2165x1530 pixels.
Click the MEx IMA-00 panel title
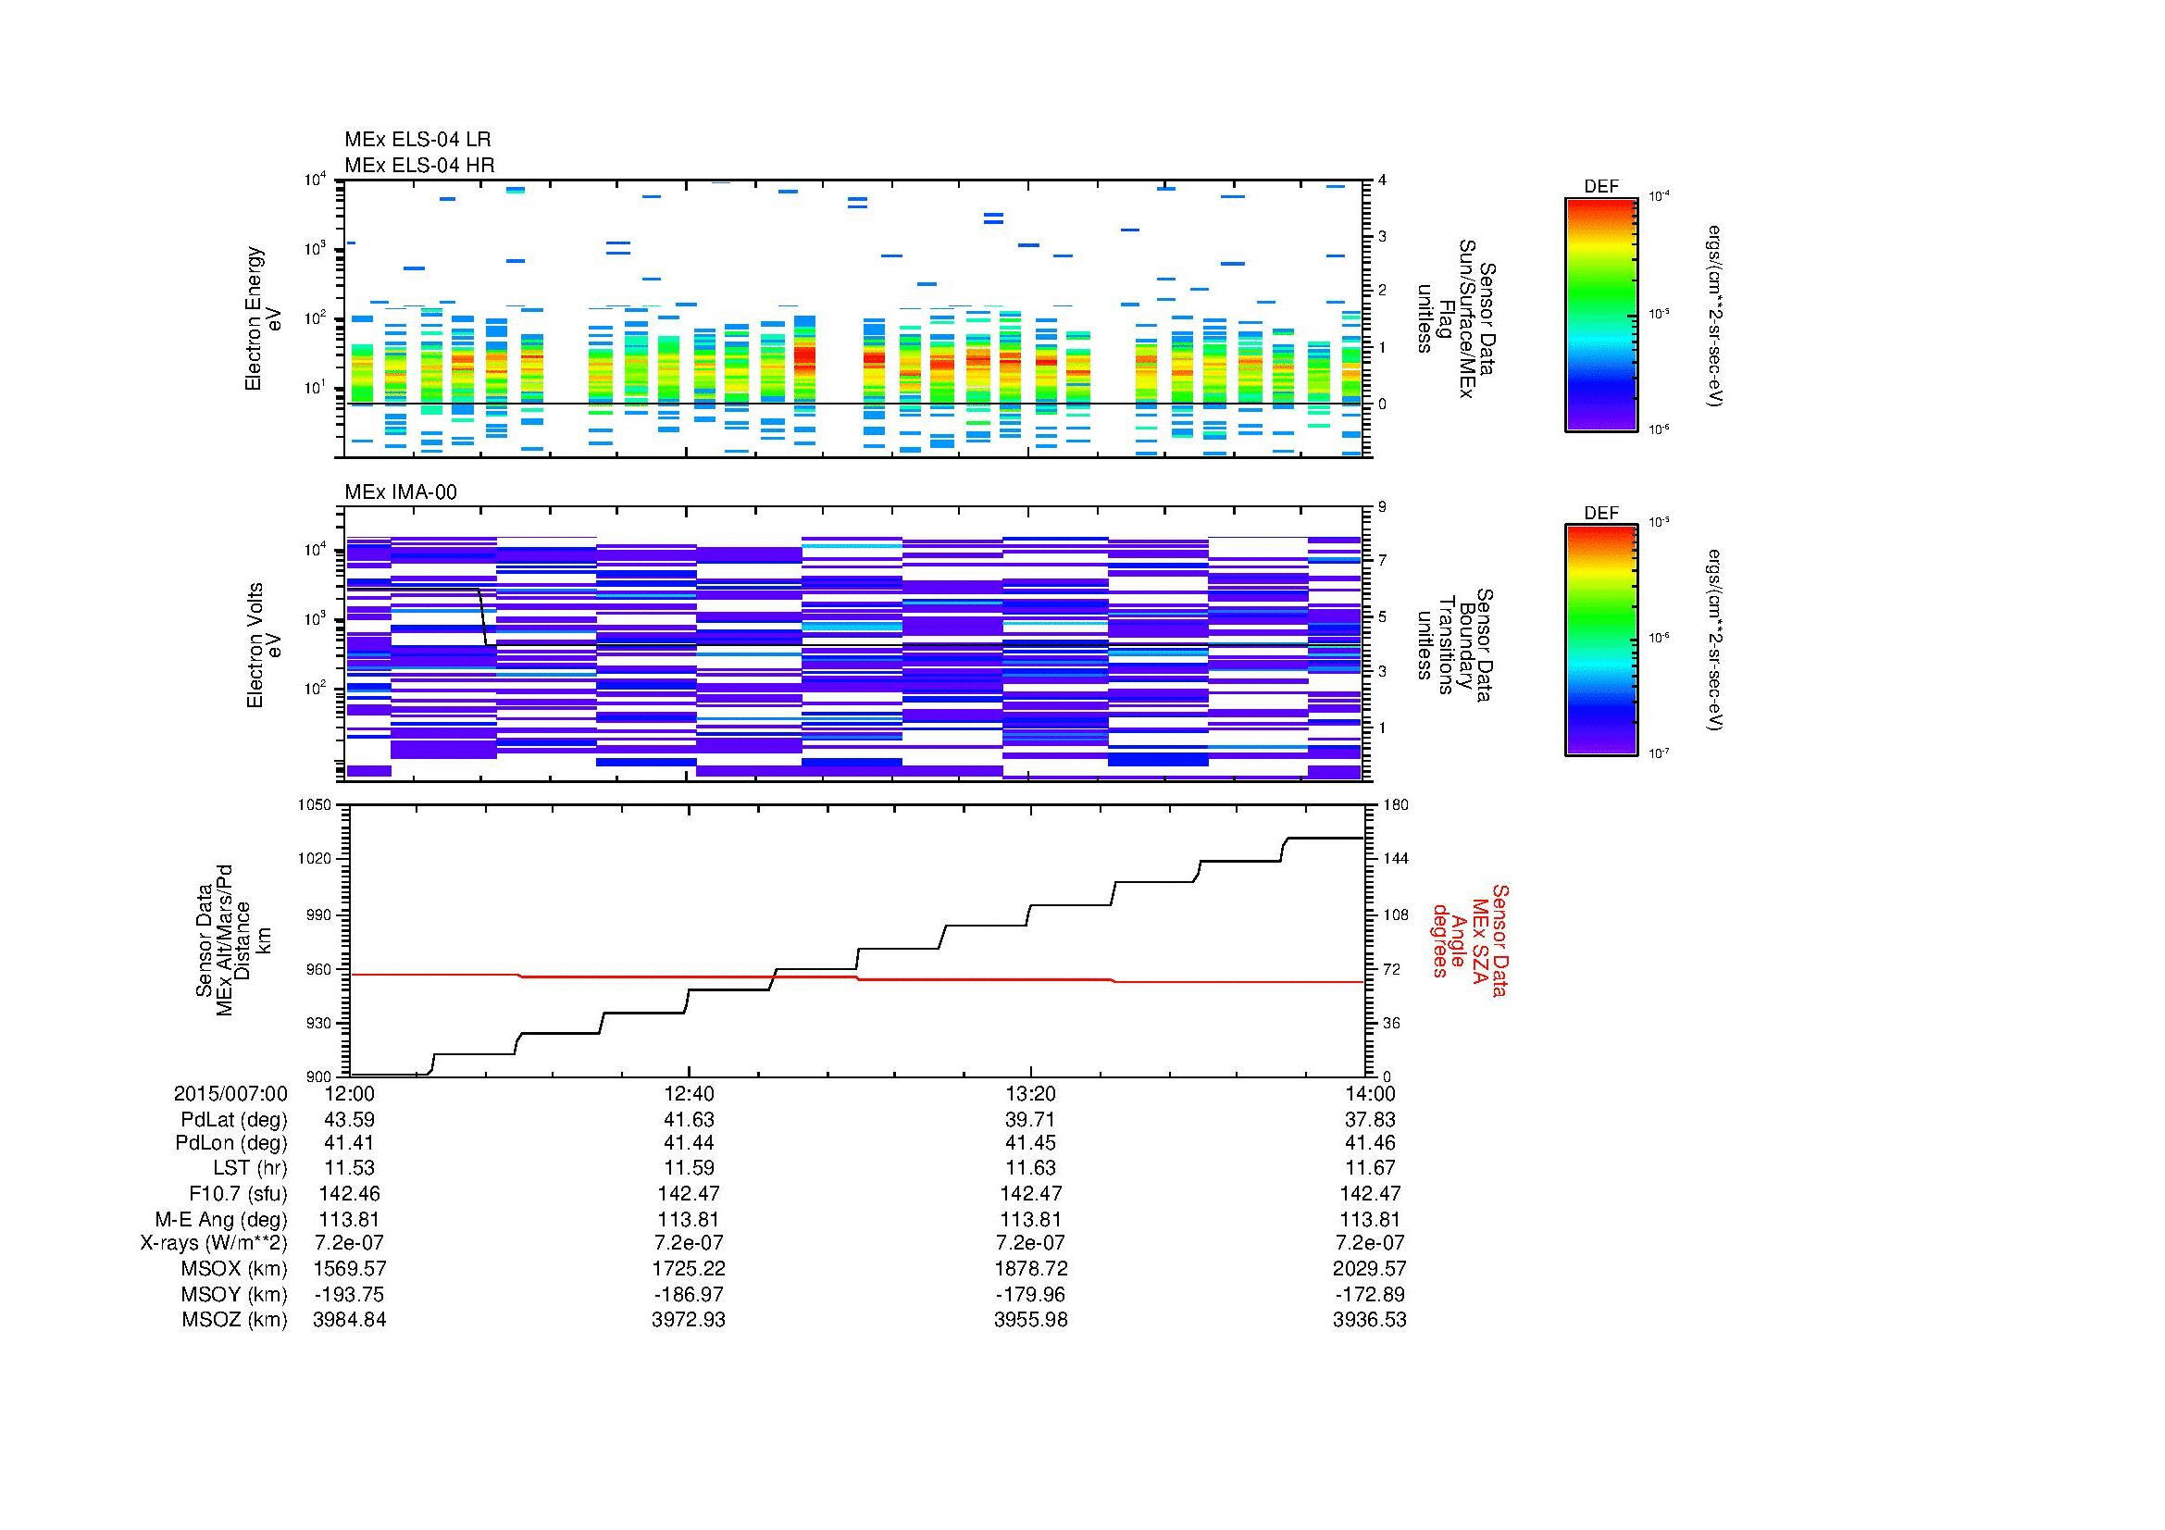tap(401, 492)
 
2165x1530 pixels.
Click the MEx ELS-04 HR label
tap(419, 165)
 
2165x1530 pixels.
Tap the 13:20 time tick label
tap(1030, 1093)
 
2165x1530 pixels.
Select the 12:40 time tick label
tap(689, 1093)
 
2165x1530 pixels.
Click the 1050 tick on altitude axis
tap(315, 805)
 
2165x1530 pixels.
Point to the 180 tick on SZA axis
tap(1393, 805)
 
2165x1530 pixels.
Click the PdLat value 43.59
tap(349, 1120)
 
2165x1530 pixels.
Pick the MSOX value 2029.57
tap(1369, 1269)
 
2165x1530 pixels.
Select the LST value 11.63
tap(1030, 1168)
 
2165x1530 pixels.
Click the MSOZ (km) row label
tap(234, 1320)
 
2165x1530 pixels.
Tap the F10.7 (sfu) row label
tap(238, 1193)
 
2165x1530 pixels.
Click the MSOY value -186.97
tap(689, 1294)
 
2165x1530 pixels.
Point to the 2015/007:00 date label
tap(230, 1093)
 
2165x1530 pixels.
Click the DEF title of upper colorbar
tap(1601, 187)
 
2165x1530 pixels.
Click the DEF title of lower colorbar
tap(1601, 514)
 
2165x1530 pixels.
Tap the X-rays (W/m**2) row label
tap(213, 1243)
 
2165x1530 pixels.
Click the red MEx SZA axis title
tap(1470, 939)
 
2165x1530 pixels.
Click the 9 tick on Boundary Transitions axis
tap(1382, 507)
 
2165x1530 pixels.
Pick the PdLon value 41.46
tap(1369, 1143)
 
